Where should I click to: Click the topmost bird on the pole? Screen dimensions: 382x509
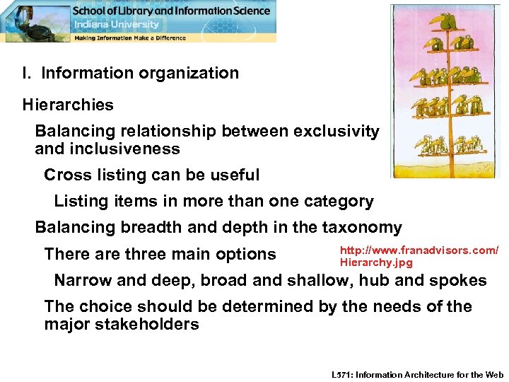[446, 21]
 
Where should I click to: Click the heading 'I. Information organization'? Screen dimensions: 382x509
[130, 73]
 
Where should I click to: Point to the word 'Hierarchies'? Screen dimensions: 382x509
[68, 105]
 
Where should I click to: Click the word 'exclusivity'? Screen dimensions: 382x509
[337, 132]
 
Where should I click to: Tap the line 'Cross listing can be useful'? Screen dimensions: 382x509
[151, 175]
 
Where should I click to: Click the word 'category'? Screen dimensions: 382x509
[339, 202]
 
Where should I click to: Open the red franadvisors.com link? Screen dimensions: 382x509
[419, 250]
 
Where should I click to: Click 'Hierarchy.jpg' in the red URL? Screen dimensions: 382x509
[375, 262]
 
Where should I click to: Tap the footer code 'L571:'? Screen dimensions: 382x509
[343, 374]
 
